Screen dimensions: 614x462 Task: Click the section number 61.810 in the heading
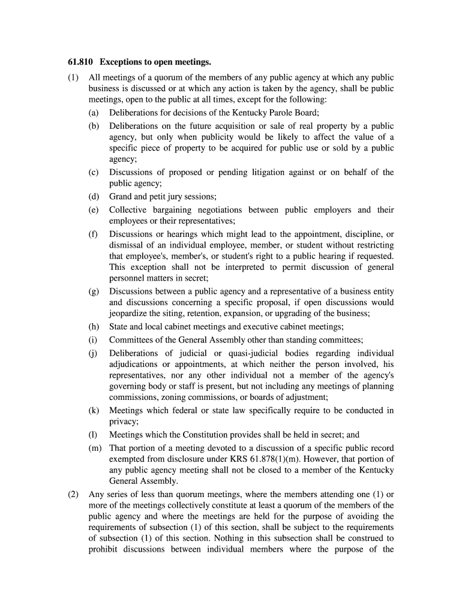pos(80,62)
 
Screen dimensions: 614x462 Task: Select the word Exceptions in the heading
pos(121,62)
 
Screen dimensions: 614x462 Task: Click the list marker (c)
pos(94,172)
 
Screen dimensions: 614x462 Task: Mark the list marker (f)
pos(94,234)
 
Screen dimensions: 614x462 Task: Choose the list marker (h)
pos(94,327)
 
